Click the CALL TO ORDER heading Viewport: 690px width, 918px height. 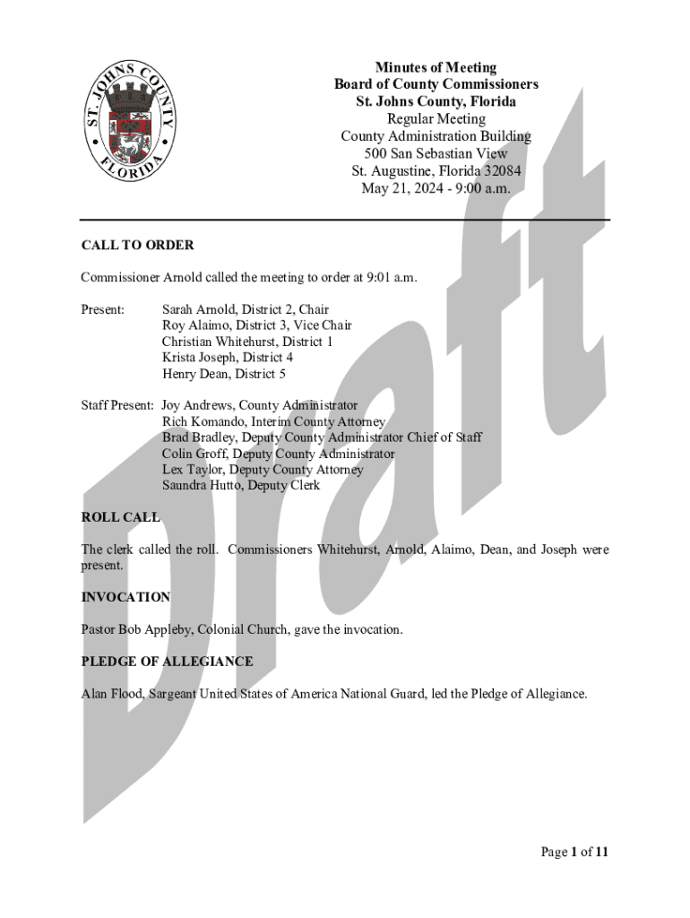(x=137, y=245)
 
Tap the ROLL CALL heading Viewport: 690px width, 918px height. (x=120, y=517)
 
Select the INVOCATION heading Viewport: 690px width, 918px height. (x=125, y=597)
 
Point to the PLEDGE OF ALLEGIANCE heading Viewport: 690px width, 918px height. (x=167, y=662)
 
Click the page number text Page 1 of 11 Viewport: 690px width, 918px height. (x=574, y=853)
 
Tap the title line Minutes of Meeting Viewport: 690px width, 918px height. (x=436, y=67)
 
